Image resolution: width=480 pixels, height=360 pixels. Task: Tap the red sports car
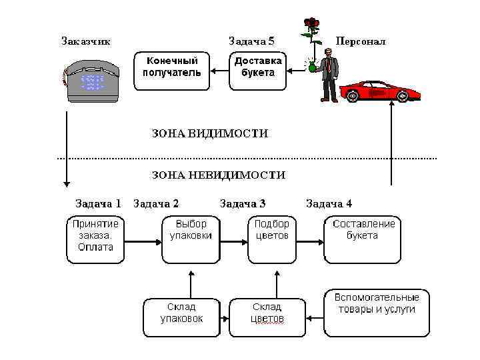pos(379,91)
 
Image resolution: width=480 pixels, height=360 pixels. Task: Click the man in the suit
pos(329,77)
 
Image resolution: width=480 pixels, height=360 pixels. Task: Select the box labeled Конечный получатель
pos(172,70)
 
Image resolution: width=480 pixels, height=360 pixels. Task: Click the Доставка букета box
pos(257,70)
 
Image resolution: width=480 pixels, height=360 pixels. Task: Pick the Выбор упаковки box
pos(191,238)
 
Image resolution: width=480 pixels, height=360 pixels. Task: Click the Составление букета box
pos(363,238)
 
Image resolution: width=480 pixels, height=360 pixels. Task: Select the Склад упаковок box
pos(181,317)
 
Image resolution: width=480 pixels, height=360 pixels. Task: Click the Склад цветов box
pos(267,317)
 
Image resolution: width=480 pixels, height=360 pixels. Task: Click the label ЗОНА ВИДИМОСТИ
pos(210,134)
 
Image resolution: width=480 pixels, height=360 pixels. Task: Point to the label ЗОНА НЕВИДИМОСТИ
pos(219,175)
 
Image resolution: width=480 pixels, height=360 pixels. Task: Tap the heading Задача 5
pos(251,41)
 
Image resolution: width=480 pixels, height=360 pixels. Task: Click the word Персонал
pos(361,41)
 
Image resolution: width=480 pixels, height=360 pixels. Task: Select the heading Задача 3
pos(243,203)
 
